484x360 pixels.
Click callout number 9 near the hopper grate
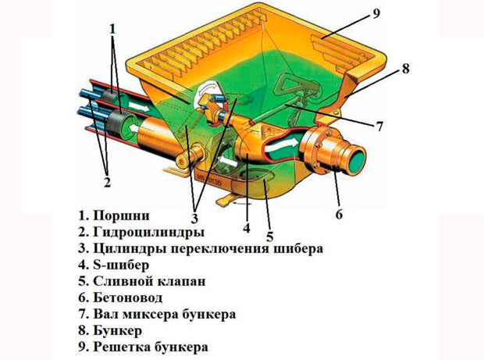point(376,14)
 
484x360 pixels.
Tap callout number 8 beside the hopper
point(405,68)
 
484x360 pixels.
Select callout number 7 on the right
point(379,126)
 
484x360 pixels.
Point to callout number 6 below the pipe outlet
point(340,214)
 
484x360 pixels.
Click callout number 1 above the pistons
point(112,29)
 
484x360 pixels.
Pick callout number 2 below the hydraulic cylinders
point(107,182)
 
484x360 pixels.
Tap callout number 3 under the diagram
point(194,219)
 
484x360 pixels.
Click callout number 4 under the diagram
point(247,227)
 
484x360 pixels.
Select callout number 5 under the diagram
point(270,237)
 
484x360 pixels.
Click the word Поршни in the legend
point(121,216)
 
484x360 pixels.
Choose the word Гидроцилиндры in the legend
point(149,232)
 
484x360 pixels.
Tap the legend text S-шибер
point(121,265)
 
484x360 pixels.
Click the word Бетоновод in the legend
point(128,298)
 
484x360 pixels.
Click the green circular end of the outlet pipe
point(356,158)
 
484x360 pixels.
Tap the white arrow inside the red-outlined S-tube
point(282,144)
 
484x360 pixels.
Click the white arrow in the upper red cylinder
point(139,106)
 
